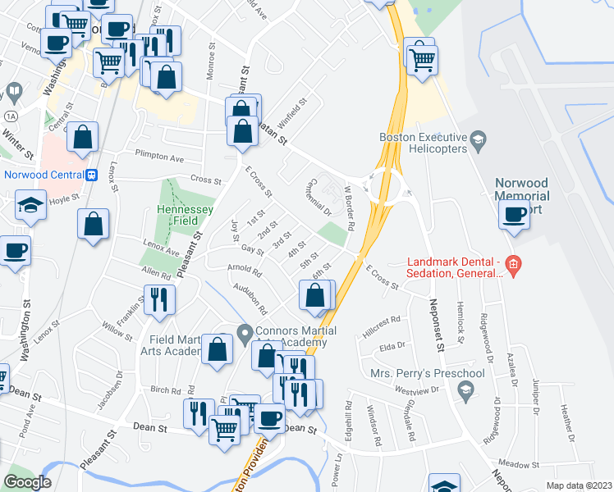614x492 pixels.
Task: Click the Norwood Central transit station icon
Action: [x=92, y=175]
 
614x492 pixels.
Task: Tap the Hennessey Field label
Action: [x=186, y=216]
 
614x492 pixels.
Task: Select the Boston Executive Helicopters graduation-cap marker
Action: [x=476, y=145]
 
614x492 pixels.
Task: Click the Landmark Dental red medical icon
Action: [x=513, y=264]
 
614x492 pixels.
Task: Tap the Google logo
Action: [x=27, y=482]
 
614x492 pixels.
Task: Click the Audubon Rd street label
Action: [x=252, y=299]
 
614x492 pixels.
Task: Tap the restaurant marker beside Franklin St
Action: [x=159, y=301]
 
